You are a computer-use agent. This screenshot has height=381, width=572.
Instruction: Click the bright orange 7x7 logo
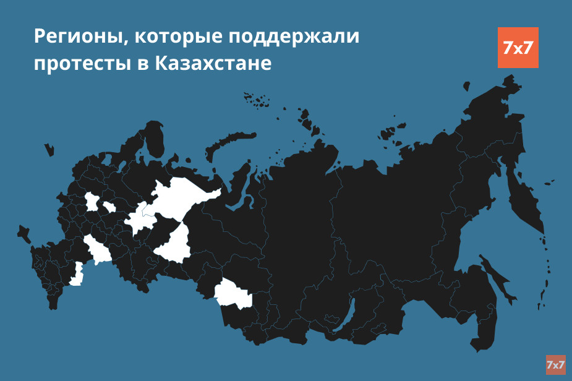point(518,48)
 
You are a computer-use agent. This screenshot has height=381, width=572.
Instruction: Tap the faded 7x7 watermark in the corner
point(555,365)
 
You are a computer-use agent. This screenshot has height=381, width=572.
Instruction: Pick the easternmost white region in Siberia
point(234,294)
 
